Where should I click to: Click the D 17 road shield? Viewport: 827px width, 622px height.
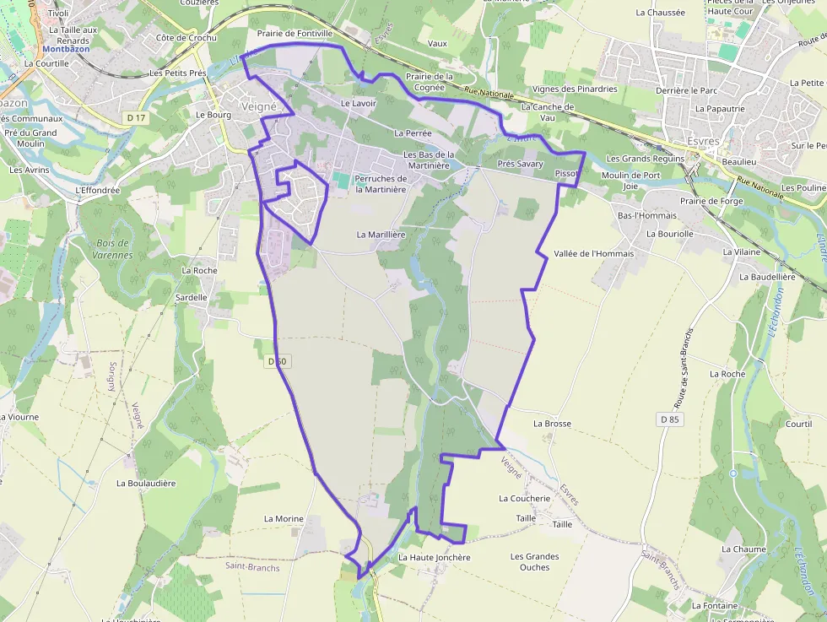136,119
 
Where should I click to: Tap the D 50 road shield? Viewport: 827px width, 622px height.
277,361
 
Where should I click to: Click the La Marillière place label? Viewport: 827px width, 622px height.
381,234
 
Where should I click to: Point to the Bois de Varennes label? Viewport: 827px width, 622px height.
109,249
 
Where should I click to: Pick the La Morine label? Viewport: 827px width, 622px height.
284,518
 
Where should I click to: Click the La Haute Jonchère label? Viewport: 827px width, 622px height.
434,557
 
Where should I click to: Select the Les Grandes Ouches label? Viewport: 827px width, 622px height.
534,562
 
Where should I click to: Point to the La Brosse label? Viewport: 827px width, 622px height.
552,424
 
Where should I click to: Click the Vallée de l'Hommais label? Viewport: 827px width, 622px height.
593,253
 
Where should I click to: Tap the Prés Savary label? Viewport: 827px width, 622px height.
521,164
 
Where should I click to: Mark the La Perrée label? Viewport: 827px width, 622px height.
413,133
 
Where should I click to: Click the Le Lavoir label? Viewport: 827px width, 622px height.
357,103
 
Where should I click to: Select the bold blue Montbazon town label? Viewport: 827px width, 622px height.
65,50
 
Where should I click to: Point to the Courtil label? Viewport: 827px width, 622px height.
798,424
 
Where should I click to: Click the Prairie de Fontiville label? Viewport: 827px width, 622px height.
295,33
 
